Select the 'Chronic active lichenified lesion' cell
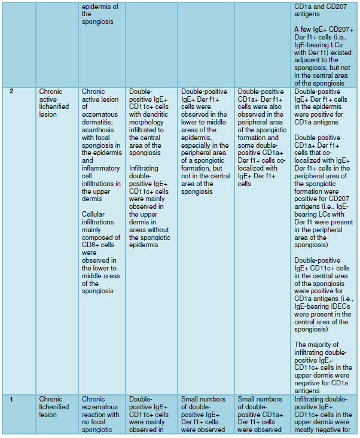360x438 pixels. point(54,103)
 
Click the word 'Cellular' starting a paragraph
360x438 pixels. point(94,214)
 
